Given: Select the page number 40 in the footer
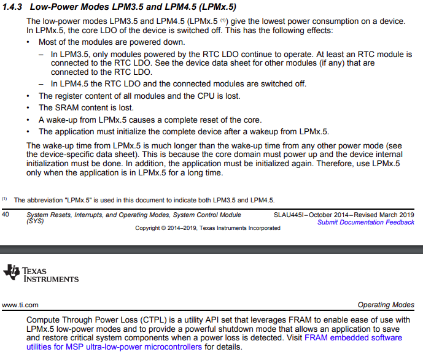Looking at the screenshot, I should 6,215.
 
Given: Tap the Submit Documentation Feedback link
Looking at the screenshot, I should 365,222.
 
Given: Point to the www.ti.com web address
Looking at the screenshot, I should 20,305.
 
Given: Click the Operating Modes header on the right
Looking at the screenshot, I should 386,305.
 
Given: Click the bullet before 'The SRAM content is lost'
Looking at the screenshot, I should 29,108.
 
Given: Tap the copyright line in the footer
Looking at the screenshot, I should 208,228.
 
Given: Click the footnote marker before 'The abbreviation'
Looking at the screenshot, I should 5,199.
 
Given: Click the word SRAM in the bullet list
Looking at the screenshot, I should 67,108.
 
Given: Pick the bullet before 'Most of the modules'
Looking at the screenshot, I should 29,42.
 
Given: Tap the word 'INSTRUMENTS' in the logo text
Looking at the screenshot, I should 51,279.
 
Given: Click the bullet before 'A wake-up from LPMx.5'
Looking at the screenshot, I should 29,120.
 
